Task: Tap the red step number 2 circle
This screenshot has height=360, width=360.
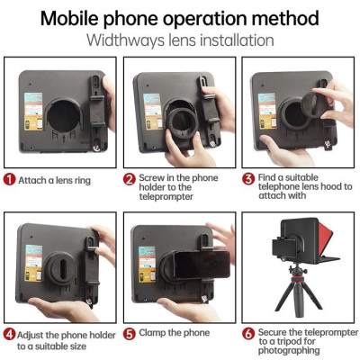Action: [x=129, y=179]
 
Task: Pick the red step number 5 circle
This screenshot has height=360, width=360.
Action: [x=129, y=332]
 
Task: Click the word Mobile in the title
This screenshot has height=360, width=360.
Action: [x=75, y=17]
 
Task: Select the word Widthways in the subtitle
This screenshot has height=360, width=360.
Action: [x=127, y=40]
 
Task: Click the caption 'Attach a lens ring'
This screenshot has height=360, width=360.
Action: [x=56, y=179]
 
